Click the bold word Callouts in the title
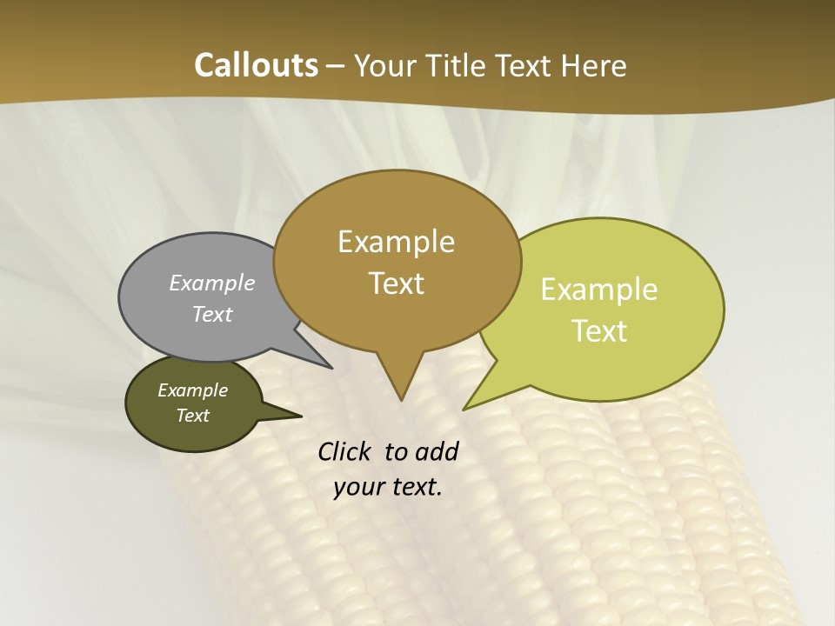256,65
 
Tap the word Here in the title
594,65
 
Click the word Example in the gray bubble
212,283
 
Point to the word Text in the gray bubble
212,314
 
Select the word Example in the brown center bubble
396,242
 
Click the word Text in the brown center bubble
396,283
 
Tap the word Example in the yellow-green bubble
599,290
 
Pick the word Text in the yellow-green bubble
599,331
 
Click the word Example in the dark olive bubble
192,390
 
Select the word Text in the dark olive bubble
192,416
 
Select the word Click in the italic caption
344,451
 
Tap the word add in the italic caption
436,451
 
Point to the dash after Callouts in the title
336,66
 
